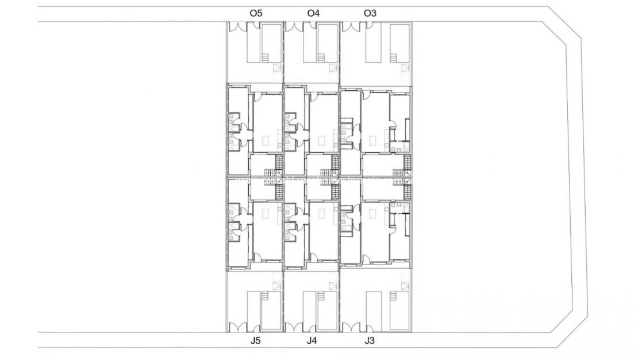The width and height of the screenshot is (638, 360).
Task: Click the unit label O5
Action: (x=256, y=13)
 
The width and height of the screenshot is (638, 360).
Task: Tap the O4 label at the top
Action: (x=313, y=13)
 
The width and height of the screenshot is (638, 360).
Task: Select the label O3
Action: (x=370, y=13)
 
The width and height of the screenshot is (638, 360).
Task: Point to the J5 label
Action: (x=256, y=341)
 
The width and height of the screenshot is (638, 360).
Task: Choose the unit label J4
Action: (x=312, y=341)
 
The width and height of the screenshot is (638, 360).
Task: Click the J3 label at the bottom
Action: (x=370, y=341)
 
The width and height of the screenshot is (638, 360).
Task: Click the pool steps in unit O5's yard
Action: (x=266, y=58)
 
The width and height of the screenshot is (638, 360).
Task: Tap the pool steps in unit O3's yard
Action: (x=394, y=58)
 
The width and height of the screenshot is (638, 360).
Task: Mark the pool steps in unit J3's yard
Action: (x=394, y=297)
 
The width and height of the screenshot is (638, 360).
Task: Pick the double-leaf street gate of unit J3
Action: (x=349, y=328)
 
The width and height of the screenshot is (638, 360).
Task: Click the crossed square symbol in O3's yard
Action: (x=406, y=72)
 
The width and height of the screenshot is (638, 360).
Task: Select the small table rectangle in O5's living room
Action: (x=266, y=139)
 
